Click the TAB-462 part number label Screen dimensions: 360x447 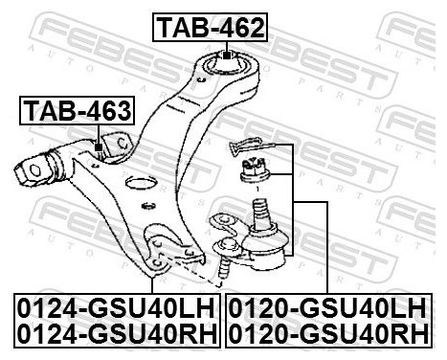[x=210, y=30]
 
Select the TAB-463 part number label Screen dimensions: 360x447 [x=76, y=111]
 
